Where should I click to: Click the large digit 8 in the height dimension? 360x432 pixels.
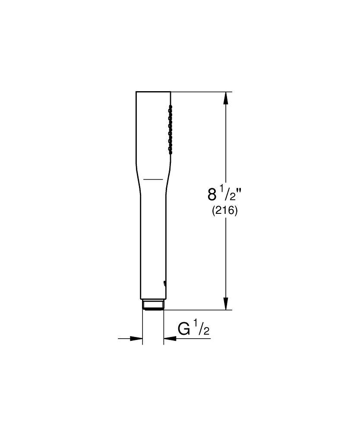212,194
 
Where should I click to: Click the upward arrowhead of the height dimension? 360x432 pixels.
225,98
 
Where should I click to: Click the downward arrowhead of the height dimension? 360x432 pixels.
225,303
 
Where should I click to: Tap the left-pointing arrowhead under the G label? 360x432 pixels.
169,339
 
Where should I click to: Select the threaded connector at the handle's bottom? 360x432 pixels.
153,305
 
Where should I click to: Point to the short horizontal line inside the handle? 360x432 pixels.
153,178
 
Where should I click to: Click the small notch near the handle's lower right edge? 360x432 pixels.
164,283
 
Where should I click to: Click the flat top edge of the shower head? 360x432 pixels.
153,92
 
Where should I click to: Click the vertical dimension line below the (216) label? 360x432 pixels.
225,259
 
